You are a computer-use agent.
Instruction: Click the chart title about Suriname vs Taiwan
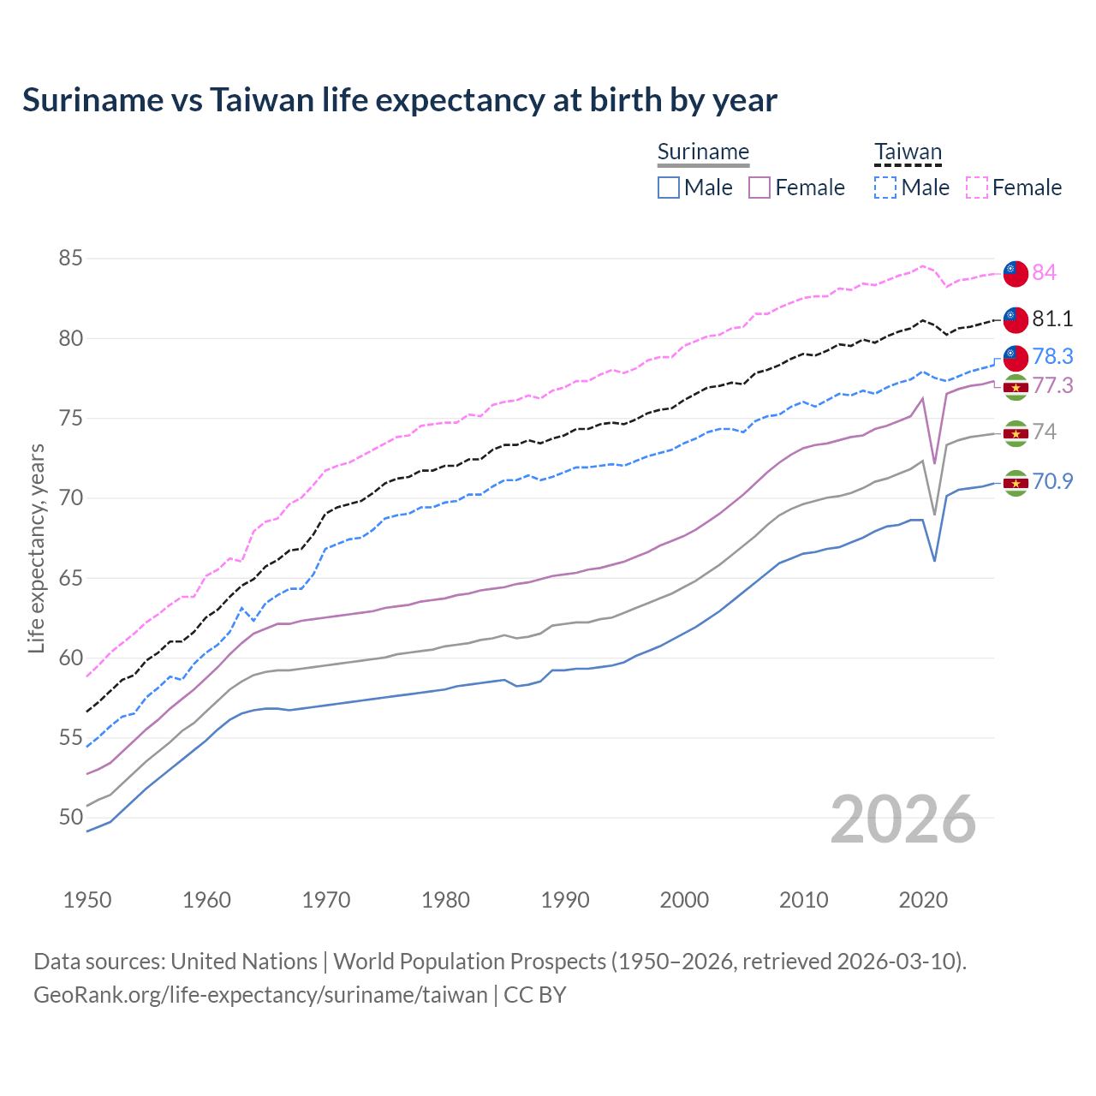tap(399, 100)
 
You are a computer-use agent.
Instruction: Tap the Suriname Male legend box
tap(669, 188)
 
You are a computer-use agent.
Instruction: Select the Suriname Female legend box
tap(759, 188)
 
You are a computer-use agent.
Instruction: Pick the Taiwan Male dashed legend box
tap(885, 188)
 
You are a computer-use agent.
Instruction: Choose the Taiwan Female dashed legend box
tap(976, 188)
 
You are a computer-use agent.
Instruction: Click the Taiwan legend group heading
tap(908, 152)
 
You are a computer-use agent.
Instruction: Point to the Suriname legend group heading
tap(703, 152)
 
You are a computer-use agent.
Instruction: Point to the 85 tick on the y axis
tap(71, 258)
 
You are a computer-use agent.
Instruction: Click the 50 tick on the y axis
tap(71, 817)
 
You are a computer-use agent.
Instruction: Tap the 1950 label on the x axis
tap(87, 900)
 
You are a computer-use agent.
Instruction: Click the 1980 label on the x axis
tap(445, 900)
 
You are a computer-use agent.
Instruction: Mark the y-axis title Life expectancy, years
tap(37, 548)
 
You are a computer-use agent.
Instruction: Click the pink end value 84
tap(1044, 272)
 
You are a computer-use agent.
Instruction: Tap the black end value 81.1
tap(1052, 319)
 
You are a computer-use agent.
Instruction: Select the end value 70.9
tap(1052, 481)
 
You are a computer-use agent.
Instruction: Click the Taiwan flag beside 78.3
tap(1016, 357)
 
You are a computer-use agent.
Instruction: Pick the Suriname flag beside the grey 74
tap(1016, 433)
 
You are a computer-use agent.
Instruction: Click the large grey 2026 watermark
tap(902, 819)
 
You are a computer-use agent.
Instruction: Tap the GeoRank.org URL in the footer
tap(260, 995)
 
